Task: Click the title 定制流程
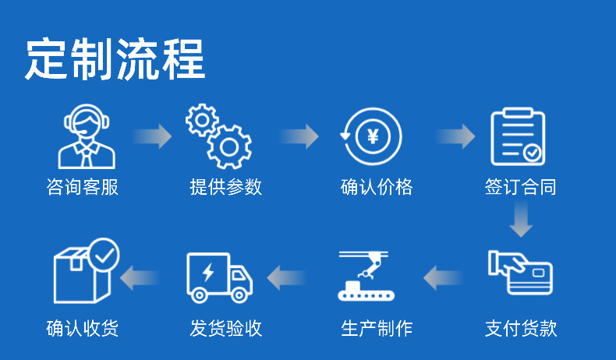coord(115,59)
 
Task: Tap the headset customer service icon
coord(87,136)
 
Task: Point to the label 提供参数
coord(226,187)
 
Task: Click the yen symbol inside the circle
coord(372,138)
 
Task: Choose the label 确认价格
coord(377,187)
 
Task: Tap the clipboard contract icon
coord(518,136)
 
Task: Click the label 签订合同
coord(521,187)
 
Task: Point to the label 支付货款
coord(521,328)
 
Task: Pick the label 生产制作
coord(377,328)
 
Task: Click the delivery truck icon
coord(220,277)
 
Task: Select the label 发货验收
coord(226,328)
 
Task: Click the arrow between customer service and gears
coord(153,136)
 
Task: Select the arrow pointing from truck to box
coord(140,277)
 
